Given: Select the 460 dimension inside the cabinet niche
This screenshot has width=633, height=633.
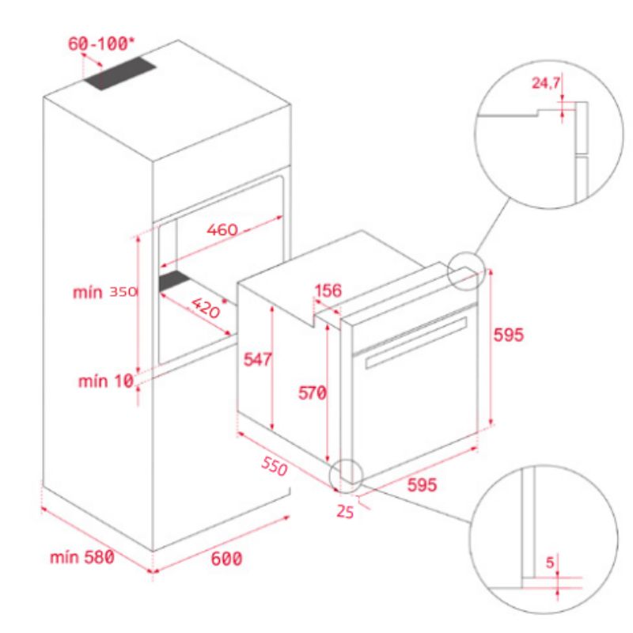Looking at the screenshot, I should coord(222,230).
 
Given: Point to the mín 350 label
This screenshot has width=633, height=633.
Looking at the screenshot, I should coord(107,292).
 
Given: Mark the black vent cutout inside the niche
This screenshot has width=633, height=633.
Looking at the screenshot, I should coord(176,281).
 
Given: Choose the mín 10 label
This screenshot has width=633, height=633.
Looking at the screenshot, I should coord(105,382).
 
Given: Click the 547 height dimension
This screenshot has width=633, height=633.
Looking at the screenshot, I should coord(257,359).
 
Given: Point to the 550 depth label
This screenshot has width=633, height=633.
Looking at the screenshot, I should coord(274,468).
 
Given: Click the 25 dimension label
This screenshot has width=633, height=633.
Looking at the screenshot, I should coord(345,511).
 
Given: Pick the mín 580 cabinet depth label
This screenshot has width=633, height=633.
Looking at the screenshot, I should coord(82,557).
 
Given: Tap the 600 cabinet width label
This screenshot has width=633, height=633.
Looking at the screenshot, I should coord(226,559).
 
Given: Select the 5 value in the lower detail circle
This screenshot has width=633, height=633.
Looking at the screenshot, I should coord(549,563).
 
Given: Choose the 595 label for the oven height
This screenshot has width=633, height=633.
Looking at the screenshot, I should coord(508,335).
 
